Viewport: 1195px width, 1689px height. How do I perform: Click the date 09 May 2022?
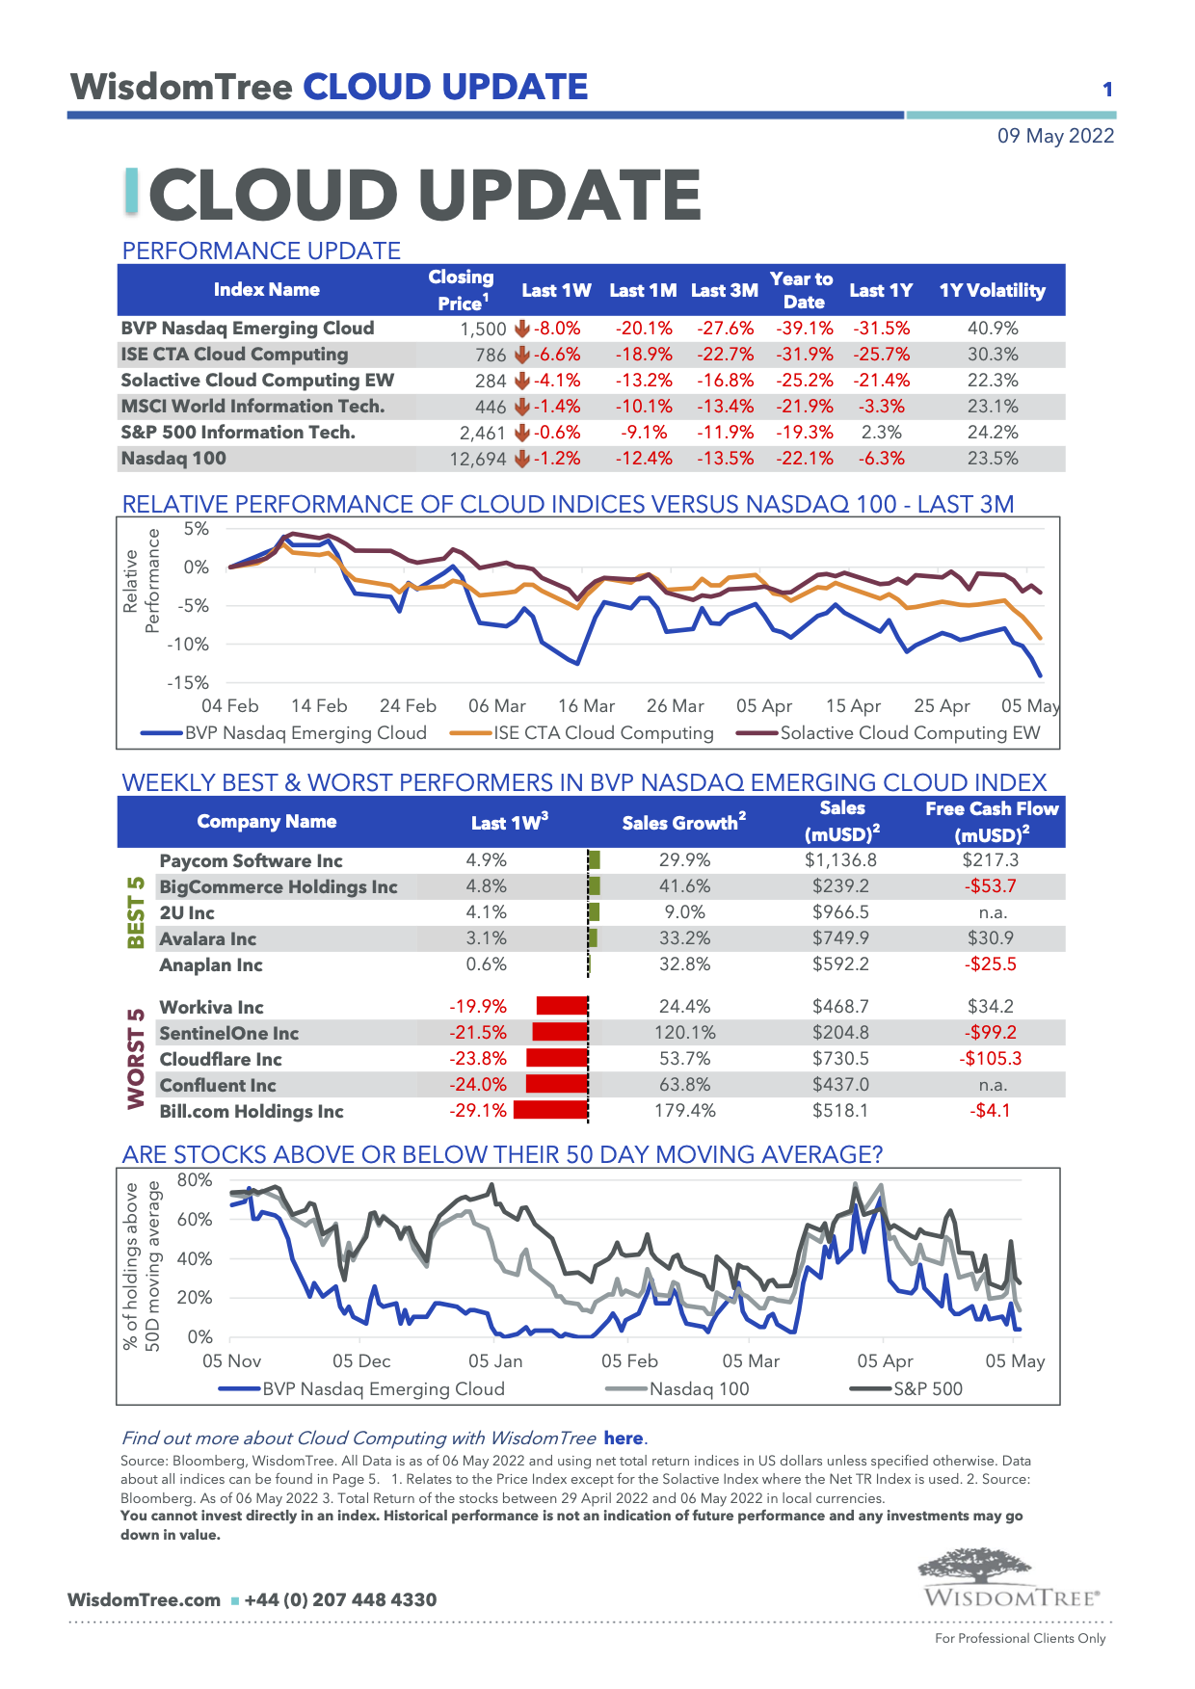[x=1055, y=136]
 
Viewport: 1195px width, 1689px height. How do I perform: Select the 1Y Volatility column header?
[x=992, y=290]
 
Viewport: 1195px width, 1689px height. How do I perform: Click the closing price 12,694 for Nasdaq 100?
[x=477, y=459]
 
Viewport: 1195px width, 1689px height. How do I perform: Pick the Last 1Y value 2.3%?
[x=881, y=433]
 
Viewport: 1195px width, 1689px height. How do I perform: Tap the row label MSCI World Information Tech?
[x=252, y=407]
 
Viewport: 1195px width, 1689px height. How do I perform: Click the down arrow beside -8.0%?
[x=522, y=329]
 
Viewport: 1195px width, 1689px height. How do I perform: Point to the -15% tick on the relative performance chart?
[x=188, y=682]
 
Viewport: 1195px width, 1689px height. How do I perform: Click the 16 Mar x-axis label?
[x=586, y=706]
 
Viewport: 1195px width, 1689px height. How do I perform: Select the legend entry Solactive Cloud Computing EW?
[x=910, y=733]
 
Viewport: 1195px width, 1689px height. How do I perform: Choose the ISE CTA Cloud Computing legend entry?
[x=603, y=733]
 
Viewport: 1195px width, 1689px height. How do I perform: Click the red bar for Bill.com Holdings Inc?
[x=550, y=1111]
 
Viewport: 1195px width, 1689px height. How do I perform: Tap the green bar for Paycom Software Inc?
[x=595, y=860]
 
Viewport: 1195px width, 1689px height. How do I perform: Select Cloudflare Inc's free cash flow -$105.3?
[x=990, y=1059]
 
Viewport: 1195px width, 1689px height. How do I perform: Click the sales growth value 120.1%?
[x=684, y=1033]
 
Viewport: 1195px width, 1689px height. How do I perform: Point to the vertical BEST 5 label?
[x=136, y=912]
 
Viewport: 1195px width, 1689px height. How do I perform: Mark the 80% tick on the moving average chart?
[x=195, y=1180]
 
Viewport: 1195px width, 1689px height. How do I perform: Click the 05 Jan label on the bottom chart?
[x=495, y=1361]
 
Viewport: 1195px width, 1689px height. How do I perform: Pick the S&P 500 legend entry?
[x=927, y=1389]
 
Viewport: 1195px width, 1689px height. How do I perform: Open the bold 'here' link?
[x=624, y=1438]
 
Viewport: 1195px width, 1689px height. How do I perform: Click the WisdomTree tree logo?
[x=974, y=1566]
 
